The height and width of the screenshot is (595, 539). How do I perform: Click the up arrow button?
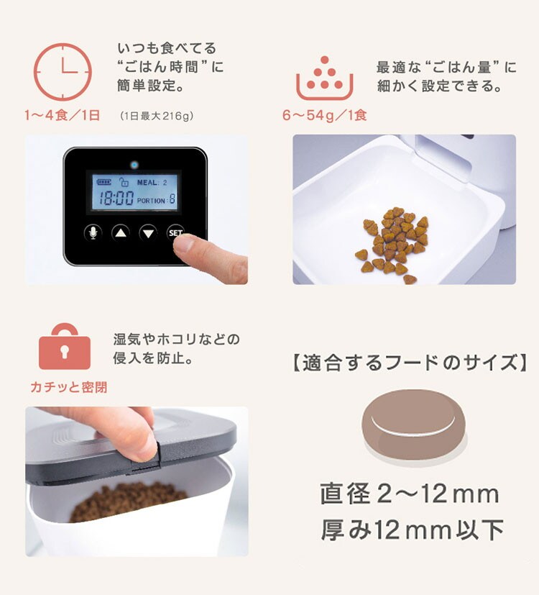(121, 232)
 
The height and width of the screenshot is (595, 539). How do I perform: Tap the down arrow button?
(148, 232)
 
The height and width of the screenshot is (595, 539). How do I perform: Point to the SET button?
(175, 232)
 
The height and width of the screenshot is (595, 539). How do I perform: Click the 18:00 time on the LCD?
(116, 199)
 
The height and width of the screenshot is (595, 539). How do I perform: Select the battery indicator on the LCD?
(103, 182)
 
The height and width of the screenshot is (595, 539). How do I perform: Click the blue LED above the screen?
(134, 165)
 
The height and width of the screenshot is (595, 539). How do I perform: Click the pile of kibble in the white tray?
(392, 244)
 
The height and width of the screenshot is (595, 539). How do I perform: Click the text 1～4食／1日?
(62, 115)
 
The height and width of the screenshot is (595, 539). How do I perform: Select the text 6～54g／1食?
(325, 115)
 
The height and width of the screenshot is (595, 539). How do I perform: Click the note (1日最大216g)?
(157, 116)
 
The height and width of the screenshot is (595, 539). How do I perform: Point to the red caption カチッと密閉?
(68, 387)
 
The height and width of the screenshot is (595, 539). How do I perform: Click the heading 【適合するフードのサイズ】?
(410, 363)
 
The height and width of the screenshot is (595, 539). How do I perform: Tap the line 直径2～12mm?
(410, 494)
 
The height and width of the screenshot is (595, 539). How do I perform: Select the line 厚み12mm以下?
(412, 530)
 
